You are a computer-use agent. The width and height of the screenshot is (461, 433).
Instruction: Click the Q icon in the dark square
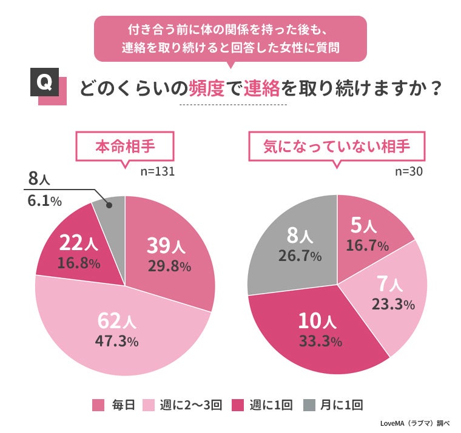pos(45,85)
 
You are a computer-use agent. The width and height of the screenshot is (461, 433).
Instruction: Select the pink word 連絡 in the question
pos(262,89)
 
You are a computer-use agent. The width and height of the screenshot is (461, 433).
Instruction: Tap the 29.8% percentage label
pos(169,266)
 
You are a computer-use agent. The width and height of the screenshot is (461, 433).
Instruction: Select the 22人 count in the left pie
pos(75,243)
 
